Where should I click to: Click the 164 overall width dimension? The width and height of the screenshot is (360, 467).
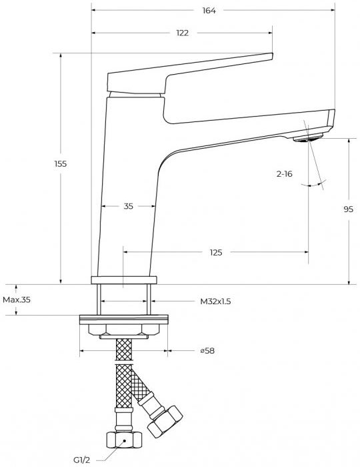tap(209, 11)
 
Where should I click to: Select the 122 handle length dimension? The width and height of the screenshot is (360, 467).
tap(183, 33)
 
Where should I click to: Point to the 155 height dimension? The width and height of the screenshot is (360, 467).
tap(61, 163)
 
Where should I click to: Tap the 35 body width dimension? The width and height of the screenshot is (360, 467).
tap(128, 206)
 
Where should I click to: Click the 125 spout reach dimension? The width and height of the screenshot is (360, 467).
tap(216, 253)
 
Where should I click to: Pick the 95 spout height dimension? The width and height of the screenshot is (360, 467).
tap(349, 209)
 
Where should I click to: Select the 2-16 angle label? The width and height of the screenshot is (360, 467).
tap(285, 173)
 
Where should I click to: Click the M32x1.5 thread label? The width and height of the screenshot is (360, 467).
tap(215, 302)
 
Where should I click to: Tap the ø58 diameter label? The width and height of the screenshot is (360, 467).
tap(207, 350)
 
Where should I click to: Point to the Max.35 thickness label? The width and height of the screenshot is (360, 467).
tap(17, 300)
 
